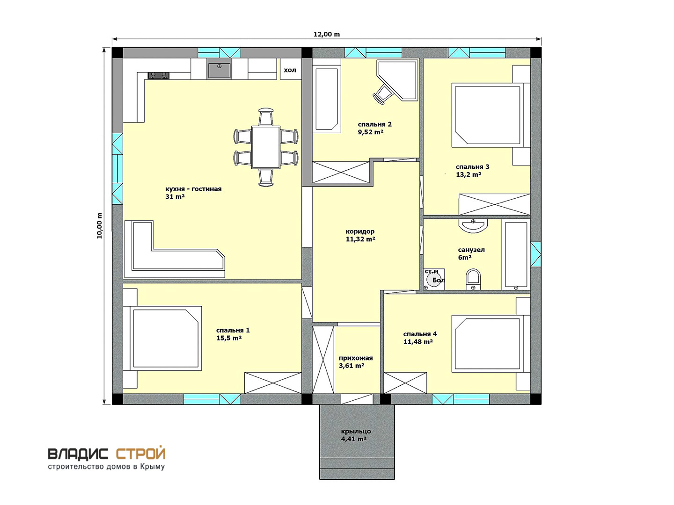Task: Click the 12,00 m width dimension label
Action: click(x=326, y=34)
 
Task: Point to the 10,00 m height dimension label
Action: click(x=100, y=225)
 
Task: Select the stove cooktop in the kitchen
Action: click(x=159, y=75)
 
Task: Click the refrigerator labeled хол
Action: click(x=290, y=70)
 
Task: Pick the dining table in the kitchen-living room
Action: click(x=265, y=147)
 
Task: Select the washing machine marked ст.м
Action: click(x=433, y=279)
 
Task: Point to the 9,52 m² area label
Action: click(x=370, y=132)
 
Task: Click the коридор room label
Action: click(x=360, y=231)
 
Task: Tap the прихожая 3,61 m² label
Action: click(x=356, y=362)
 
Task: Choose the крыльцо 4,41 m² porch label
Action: click(x=356, y=435)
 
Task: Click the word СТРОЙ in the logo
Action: click(x=141, y=454)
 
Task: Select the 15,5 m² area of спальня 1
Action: click(x=229, y=338)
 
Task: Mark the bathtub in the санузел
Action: click(x=516, y=254)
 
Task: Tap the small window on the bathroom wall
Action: click(x=535, y=254)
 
